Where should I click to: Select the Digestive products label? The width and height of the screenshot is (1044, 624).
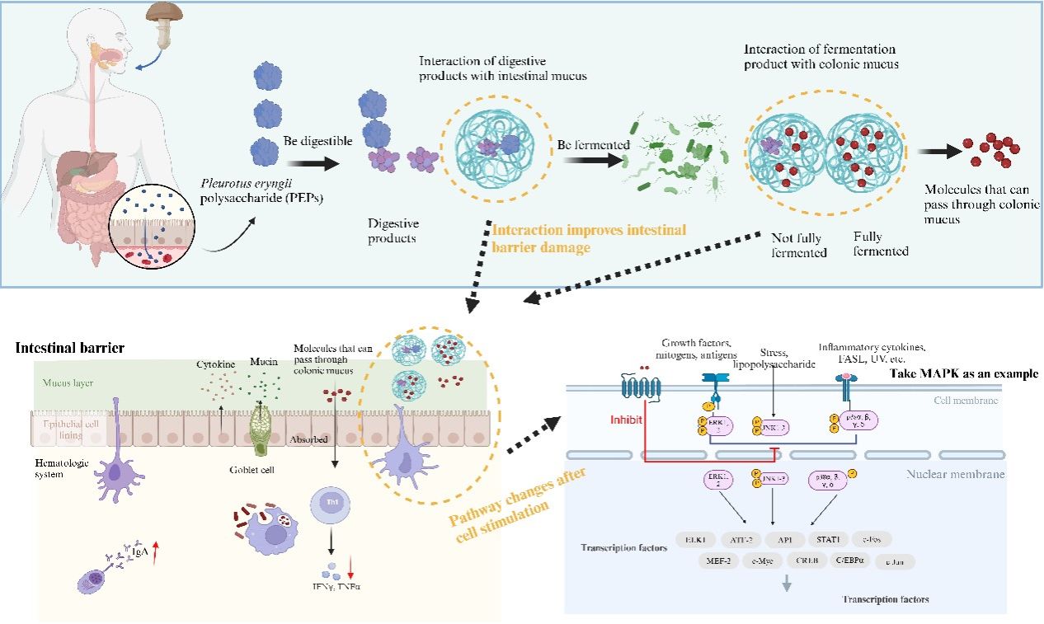click(x=393, y=230)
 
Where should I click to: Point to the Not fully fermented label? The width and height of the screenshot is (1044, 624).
click(x=799, y=244)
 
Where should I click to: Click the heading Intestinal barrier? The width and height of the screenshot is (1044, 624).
click(x=70, y=348)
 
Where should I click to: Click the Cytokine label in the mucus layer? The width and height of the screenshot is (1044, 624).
click(x=215, y=364)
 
